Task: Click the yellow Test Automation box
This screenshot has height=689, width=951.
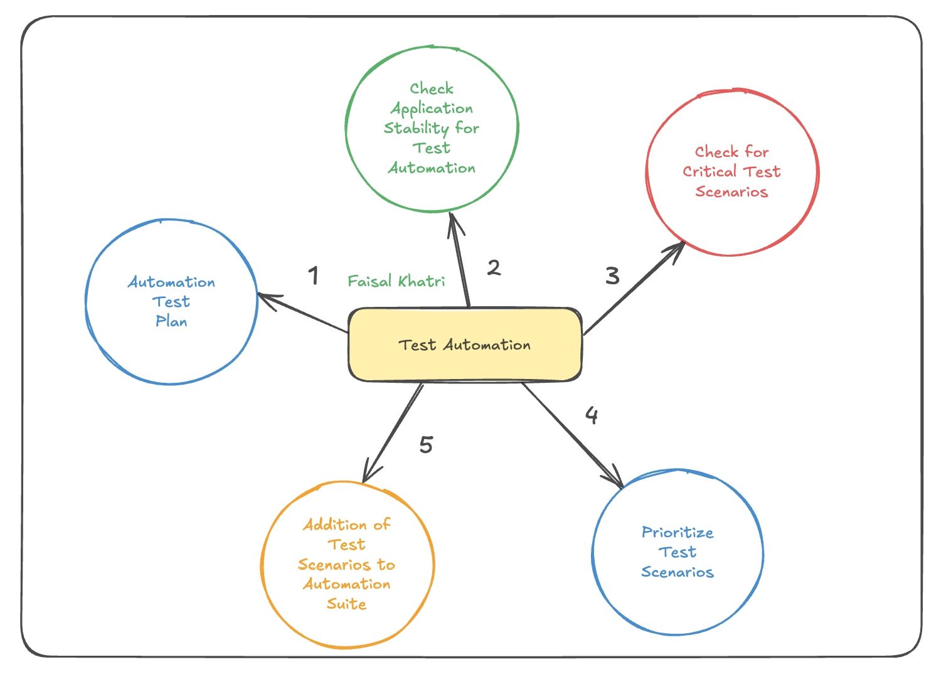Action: coord(464,344)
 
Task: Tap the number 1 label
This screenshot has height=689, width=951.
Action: coord(314,275)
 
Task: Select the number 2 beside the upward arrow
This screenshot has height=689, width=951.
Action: coord(494,268)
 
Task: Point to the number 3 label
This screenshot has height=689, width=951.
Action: coord(612,275)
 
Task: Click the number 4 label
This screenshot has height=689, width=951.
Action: coord(592,415)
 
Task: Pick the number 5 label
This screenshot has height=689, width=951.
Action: coord(426,445)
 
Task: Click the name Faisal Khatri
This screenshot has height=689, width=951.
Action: coord(396,281)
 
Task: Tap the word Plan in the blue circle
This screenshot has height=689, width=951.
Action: coord(171,321)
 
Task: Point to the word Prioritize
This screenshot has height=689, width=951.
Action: coord(677,533)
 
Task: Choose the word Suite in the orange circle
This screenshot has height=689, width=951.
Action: coord(346,604)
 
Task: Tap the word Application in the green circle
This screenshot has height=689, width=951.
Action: coord(432,109)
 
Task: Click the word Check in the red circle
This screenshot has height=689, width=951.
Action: coord(716,152)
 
